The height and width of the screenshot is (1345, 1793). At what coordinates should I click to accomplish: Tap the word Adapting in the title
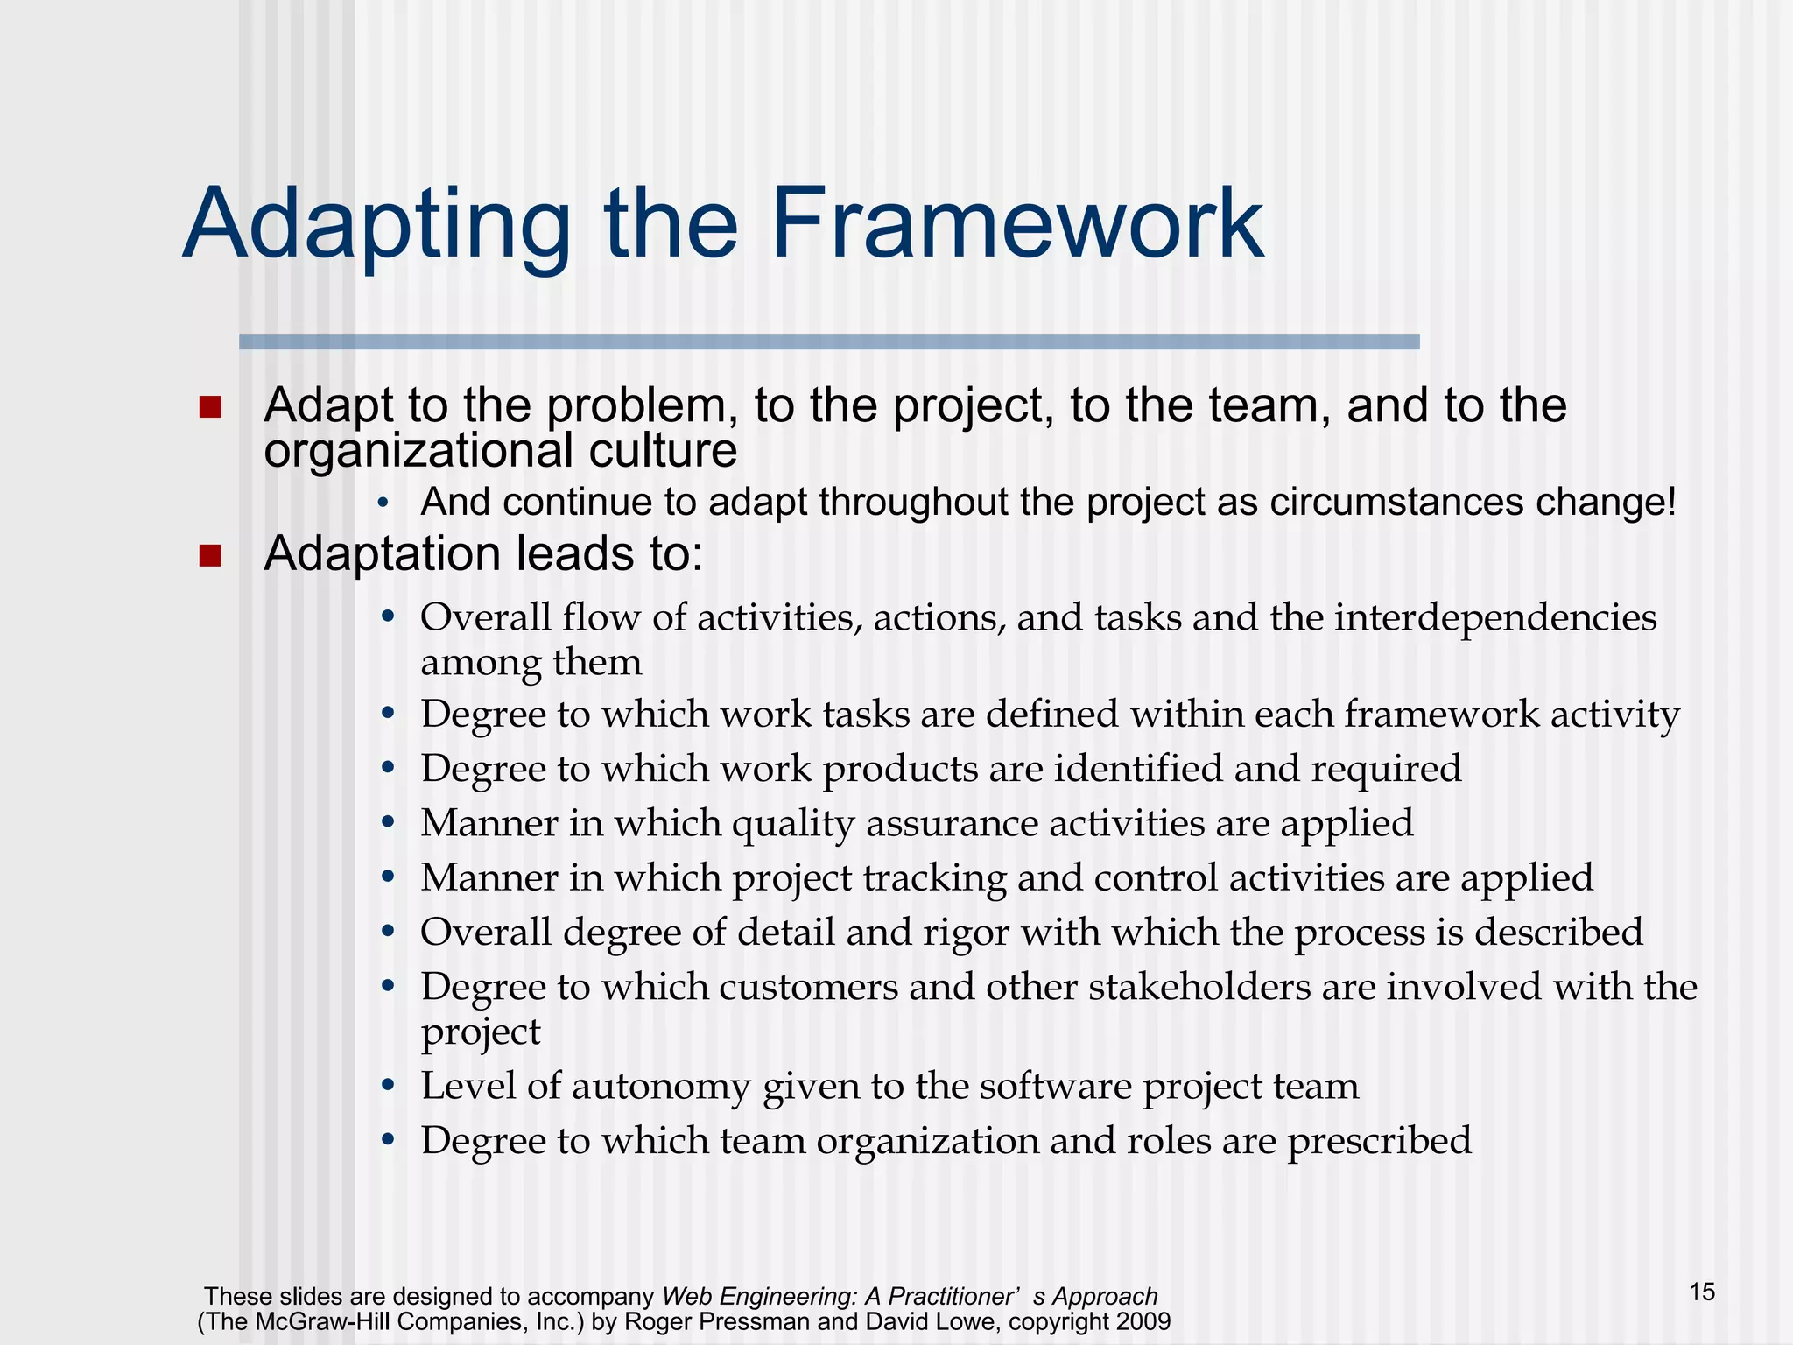[x=377, y=226]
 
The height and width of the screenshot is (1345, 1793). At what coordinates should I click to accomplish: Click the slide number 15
[x=1702, y=1292]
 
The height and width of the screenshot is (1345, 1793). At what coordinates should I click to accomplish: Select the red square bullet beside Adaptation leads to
[x=210, y=556]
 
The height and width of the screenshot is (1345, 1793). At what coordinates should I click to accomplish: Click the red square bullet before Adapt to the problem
[x=210, y=407]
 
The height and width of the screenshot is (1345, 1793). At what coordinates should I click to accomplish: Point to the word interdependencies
[x=1495, y=617]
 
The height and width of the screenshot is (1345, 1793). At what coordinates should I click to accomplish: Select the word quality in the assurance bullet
[x=792, y=824]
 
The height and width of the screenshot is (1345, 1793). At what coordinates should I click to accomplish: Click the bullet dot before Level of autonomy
[x=389, y=1087]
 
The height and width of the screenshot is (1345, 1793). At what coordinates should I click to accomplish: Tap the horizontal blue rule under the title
[x=828, y=342]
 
